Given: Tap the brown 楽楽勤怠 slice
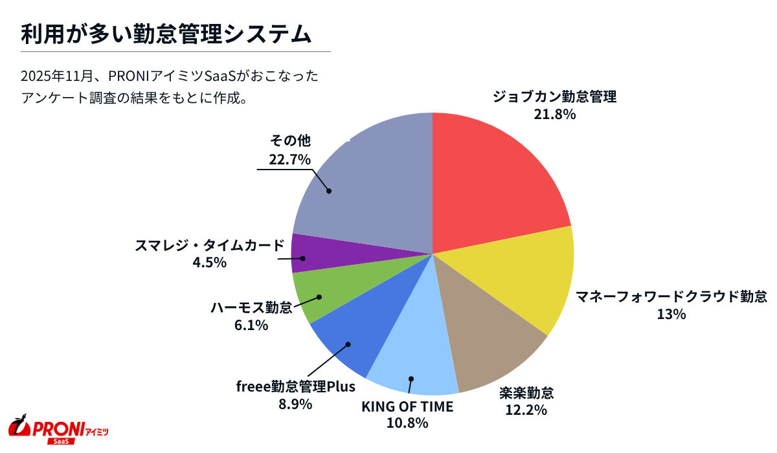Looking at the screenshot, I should click(486, 337).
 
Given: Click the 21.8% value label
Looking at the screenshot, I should click(554, 115).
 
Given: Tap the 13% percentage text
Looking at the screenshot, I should click(671, 315).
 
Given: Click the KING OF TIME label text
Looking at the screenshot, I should click(407, 407).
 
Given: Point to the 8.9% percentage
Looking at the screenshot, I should click(295, 404).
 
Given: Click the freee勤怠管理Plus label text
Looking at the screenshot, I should click(295, 388).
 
